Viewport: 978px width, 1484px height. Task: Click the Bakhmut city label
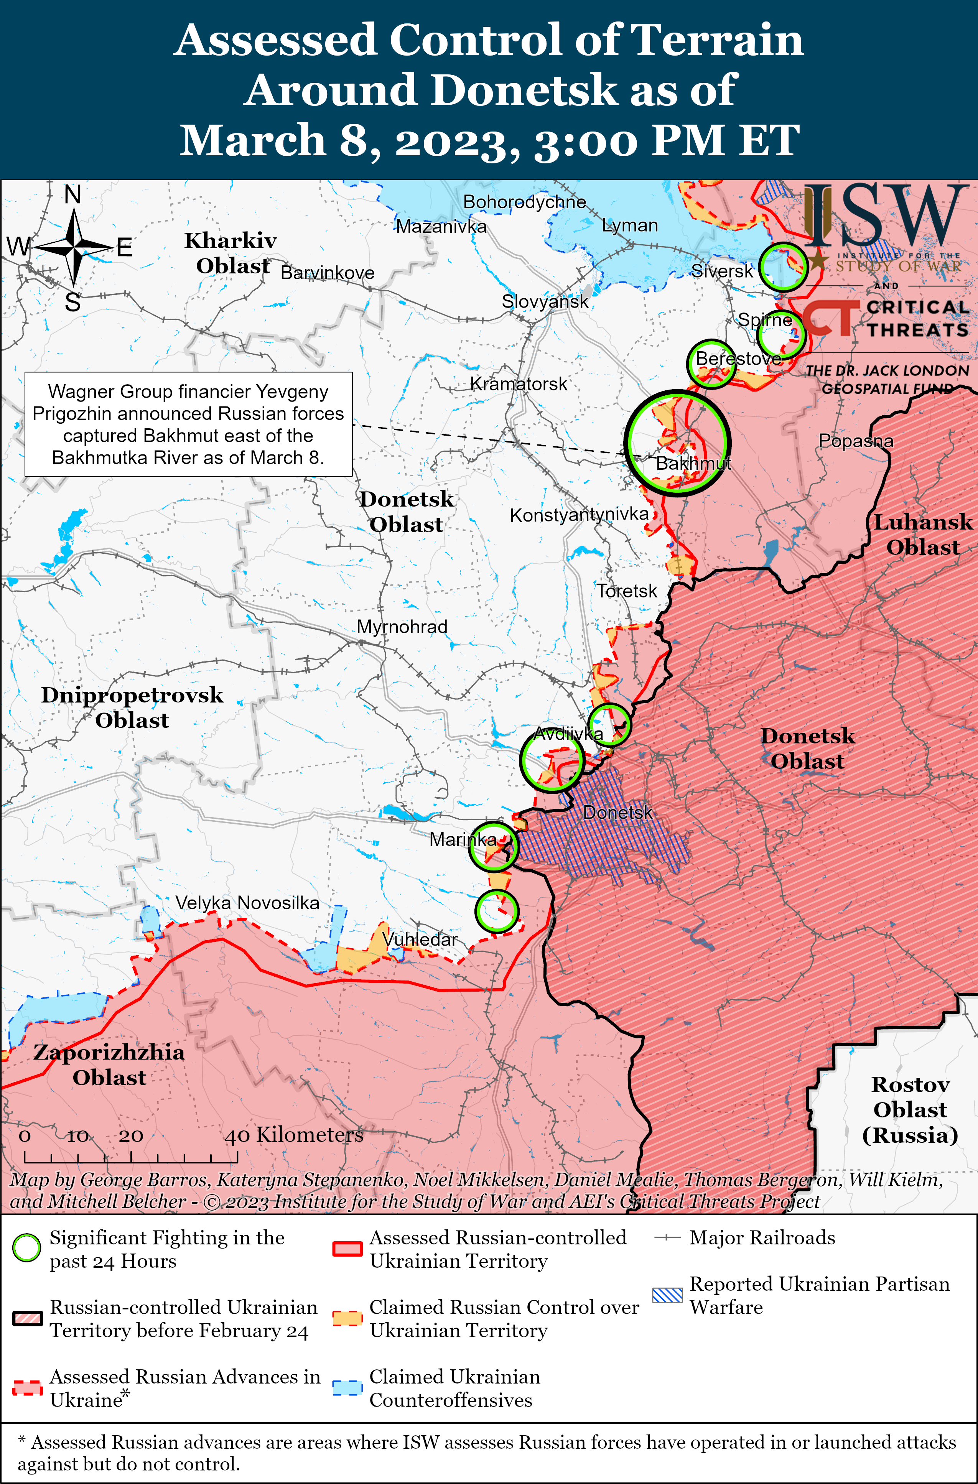click(x=693, y=463)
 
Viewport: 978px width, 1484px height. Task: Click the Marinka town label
click(x=463, y=839)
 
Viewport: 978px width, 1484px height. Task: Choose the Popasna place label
click(x=856, y=441)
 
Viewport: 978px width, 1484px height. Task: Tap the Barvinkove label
click(x=328, y=273)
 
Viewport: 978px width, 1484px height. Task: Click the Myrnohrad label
click(x=402, y=627)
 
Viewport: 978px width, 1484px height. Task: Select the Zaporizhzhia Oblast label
click(x=109, y=1064)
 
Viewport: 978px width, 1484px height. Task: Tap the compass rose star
click(x=74, y=248)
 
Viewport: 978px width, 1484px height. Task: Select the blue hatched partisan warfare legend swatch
click(x=667, y=1295)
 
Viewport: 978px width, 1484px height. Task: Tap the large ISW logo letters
click(x=886, y=215)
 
